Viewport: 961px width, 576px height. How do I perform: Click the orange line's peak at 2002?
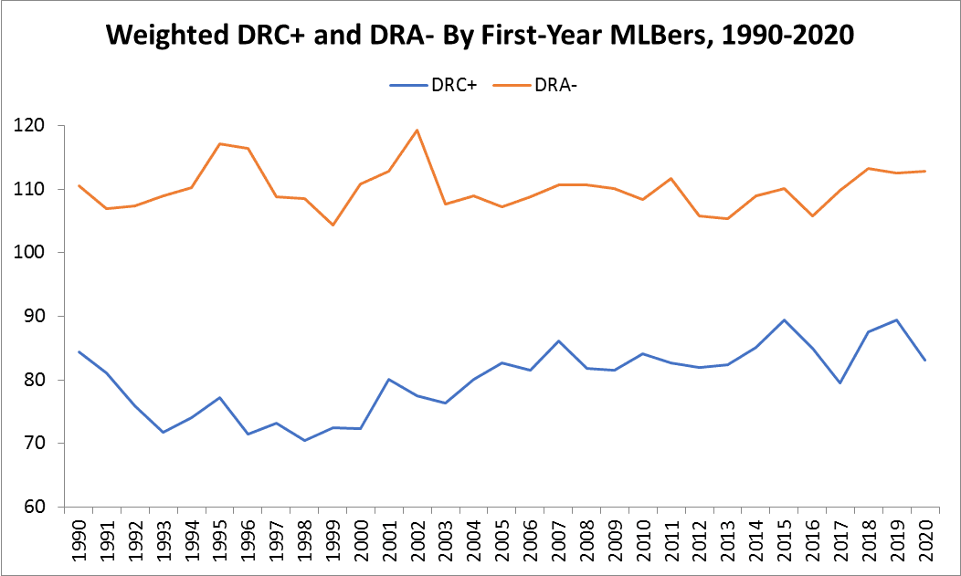[417, 130]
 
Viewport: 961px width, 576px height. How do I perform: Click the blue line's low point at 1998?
[304, 441]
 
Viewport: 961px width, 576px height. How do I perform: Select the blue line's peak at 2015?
[784, 320]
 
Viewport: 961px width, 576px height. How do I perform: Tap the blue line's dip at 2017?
[840, 382]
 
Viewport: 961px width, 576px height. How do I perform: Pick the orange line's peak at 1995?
[220, 143]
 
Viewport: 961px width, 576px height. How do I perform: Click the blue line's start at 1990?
[79, 351]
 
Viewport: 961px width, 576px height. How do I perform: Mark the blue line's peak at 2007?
[558, 341]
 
